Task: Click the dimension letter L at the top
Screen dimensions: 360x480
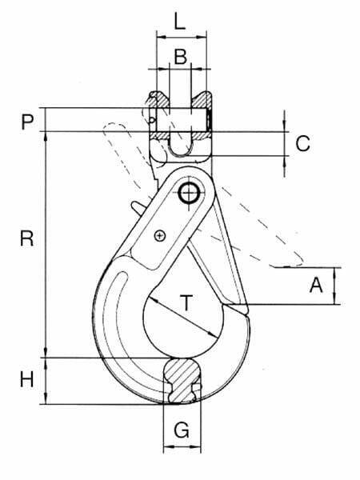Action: [x=180, y=21]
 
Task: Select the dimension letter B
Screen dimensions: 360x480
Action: [x=181, y=57]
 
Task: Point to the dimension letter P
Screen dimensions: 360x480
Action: [x=27, y=122]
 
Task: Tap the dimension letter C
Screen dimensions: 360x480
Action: [x=302, y=143]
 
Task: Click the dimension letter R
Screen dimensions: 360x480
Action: [x=27, y=238]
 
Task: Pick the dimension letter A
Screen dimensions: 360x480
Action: [x=316, y=285]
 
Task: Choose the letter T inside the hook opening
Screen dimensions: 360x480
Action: [x=186, y=302]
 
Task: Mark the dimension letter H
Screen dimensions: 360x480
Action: [x=27, y=379]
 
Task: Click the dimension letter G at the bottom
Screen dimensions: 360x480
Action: [x=182, y=430]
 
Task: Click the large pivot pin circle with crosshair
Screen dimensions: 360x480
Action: [x=189, y=194]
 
